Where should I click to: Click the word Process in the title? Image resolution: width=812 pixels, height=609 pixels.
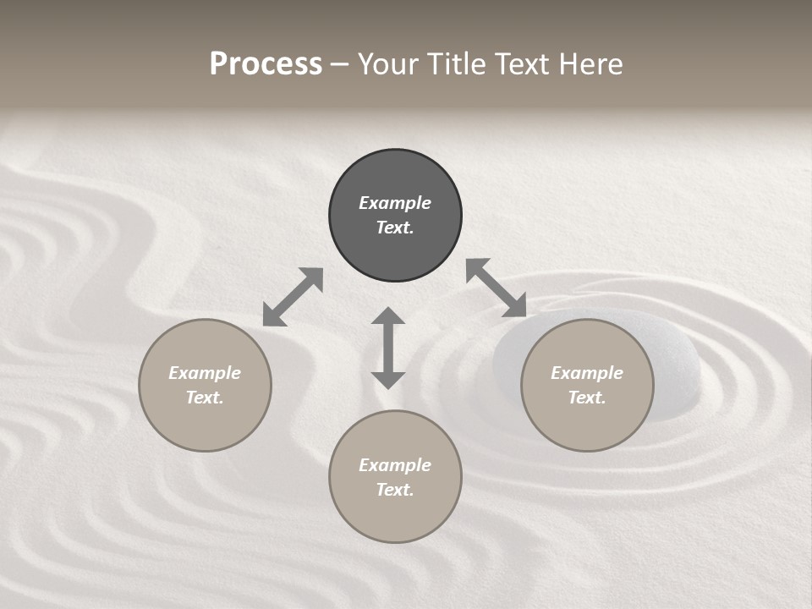click(x=266, y=64)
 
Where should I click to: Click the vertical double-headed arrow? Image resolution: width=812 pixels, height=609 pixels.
click(x=388, y=348)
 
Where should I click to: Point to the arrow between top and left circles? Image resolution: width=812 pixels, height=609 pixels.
click(x=293, y=297)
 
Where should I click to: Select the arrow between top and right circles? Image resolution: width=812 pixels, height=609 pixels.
click(x=497, y=288)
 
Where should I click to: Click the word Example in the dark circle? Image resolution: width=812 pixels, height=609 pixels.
click(x=395, y=203)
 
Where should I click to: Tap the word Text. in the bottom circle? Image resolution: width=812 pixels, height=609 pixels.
click(x=395, y=490)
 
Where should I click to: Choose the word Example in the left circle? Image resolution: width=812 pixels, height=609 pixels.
click(x=205, y=373)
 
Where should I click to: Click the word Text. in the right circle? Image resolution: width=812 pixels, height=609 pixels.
click(x=587, y=398)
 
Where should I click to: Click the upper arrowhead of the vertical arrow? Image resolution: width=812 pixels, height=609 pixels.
click(x=388, y=317)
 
